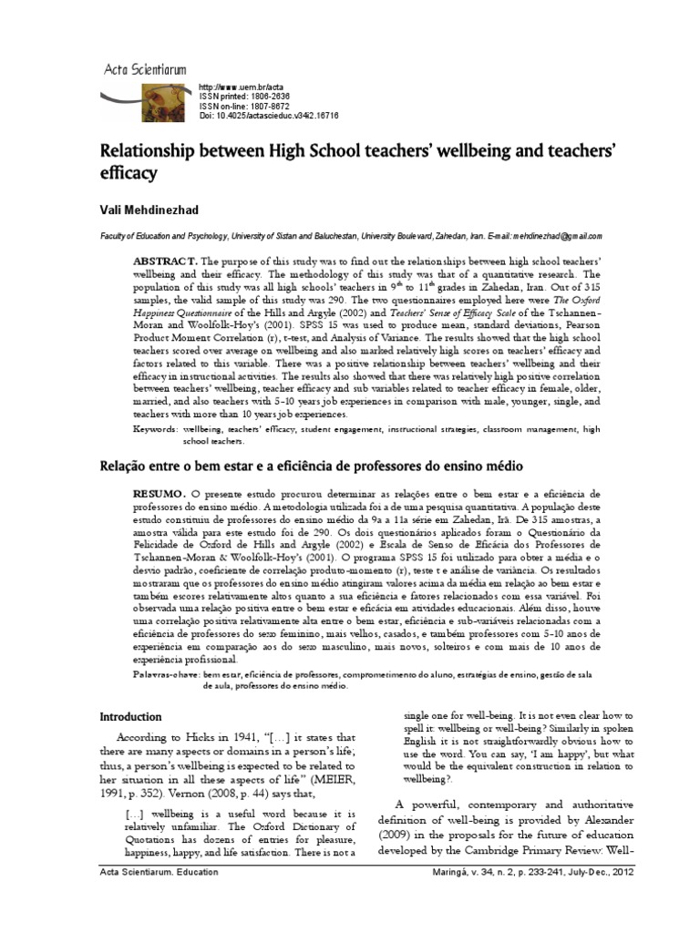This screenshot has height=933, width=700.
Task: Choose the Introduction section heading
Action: click(130, 716)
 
